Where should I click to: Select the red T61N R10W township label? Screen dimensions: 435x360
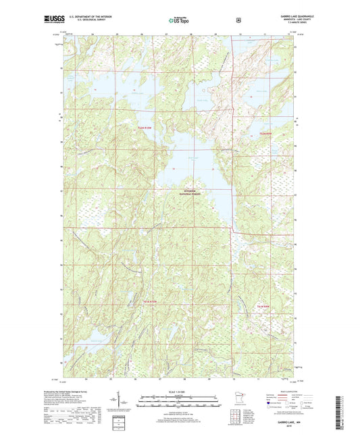pos(149,301)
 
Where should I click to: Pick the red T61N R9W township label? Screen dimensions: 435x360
pos(265,305)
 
